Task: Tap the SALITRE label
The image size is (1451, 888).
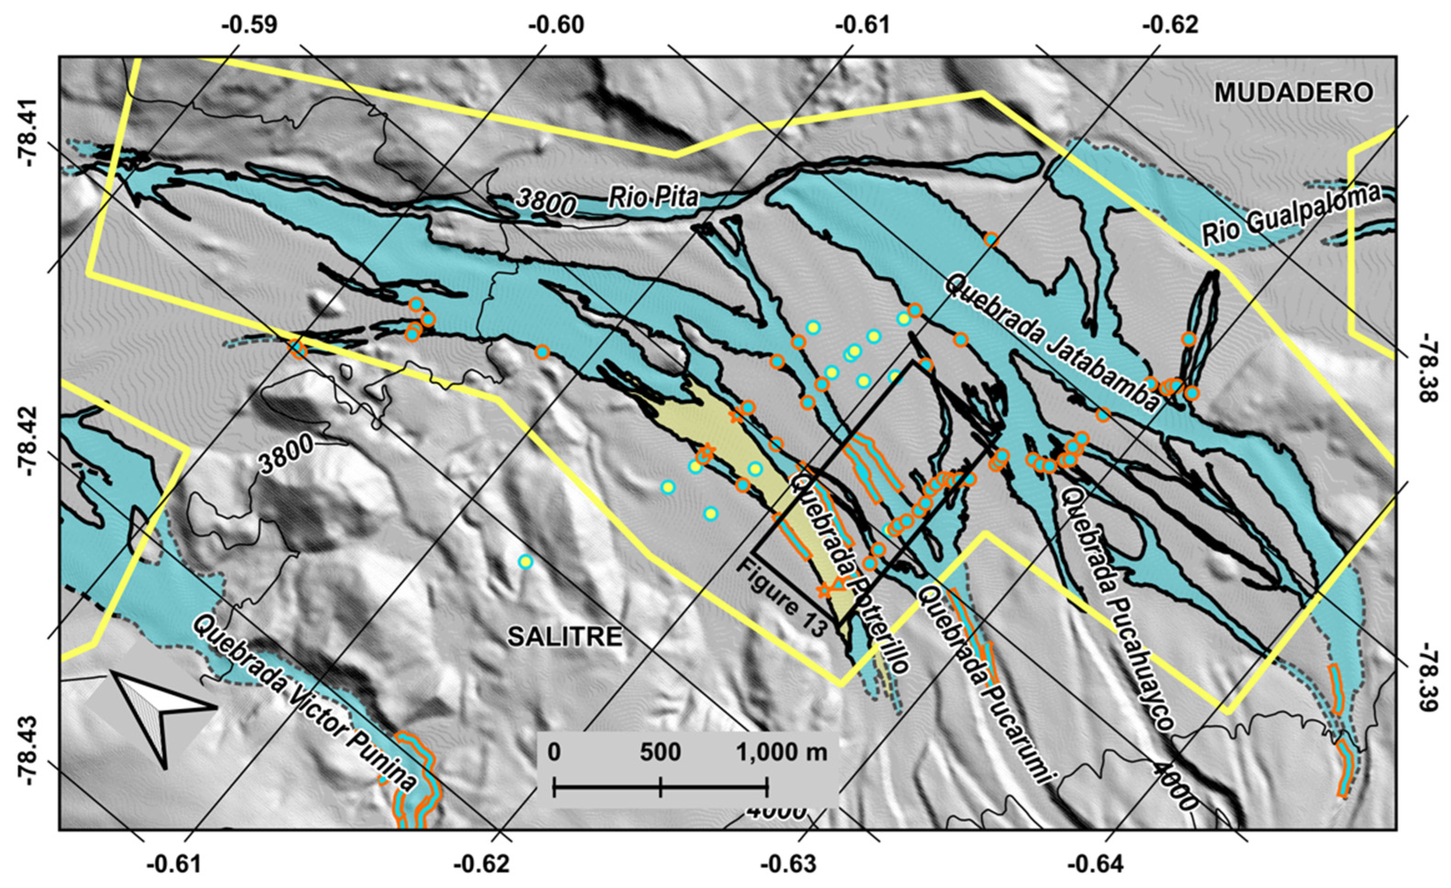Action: (565, 637)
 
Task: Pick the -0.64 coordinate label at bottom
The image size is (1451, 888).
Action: (1096, 864)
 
